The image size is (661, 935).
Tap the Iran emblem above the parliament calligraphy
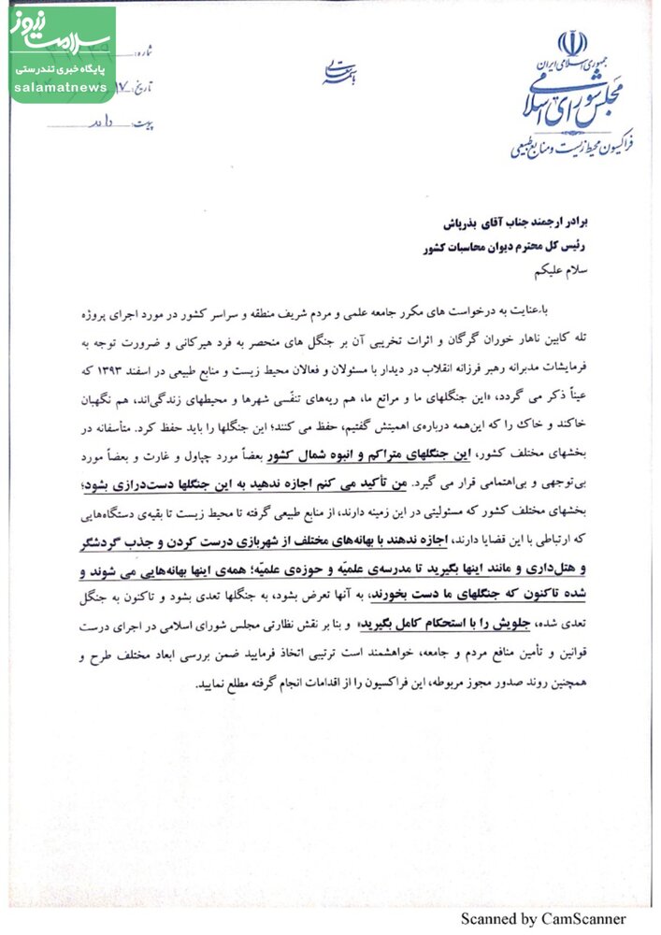[x=571, y=44]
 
